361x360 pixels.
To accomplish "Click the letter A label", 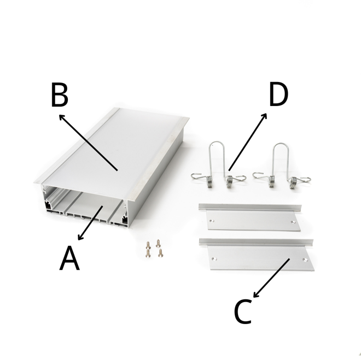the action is (69, 258).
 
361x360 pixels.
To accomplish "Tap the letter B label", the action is (60, 95).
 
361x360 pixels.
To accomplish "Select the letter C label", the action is (242, 312).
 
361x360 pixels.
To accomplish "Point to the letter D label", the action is (278, 95).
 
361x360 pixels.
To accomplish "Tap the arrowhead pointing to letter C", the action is (255, 295).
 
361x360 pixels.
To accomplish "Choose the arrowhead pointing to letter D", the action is (265, 116).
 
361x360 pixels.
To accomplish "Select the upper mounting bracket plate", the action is (251, 217).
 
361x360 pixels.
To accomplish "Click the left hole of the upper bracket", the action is (212, 221).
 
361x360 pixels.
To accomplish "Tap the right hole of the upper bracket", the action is (293, 222).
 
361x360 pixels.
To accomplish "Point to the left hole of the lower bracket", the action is (214, 259).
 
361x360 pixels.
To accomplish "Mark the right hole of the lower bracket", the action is (305, 260).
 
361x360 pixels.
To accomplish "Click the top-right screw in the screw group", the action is (158, 244).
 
